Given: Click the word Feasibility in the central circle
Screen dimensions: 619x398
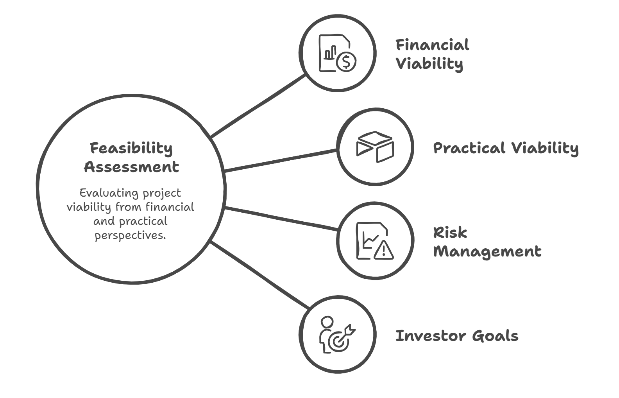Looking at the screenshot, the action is coord(131,149).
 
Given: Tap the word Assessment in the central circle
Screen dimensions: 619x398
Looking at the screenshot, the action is coord(132,167).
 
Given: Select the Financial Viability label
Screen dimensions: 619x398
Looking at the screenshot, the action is coord(432,55).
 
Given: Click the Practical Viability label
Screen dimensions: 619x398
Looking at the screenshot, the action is coord(506,149).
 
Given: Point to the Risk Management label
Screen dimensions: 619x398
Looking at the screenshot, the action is coord(487,242).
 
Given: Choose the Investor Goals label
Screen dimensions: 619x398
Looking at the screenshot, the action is coord(457,336).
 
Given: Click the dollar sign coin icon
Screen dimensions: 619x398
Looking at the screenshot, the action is coord(346,62).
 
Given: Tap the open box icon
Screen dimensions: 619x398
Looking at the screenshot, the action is coord(375,147).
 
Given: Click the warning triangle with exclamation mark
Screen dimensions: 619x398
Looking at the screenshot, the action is coord(384,250).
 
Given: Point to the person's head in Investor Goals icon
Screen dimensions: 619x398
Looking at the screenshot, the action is coord(327,322).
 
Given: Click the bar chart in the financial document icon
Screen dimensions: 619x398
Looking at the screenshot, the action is coord(330,52).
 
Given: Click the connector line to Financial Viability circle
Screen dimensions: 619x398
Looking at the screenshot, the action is coord(258,106).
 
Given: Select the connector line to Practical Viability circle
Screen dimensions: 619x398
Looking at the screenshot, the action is coord(281,161).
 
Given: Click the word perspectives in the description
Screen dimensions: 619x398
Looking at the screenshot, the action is coord(130,236).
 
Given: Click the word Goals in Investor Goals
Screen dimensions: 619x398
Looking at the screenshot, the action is coord(495,336).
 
